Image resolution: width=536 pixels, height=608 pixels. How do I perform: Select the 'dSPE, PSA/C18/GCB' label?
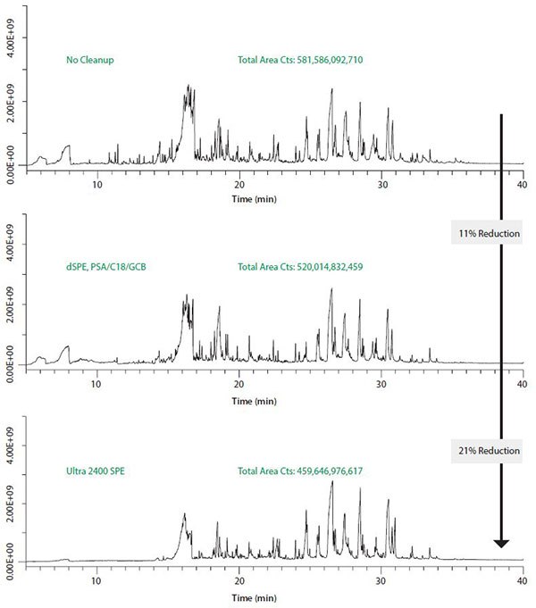pos(105,266)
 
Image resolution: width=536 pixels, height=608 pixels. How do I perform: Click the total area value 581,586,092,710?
pos(300,61)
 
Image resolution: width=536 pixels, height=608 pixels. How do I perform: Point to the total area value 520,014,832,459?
pos(300,266)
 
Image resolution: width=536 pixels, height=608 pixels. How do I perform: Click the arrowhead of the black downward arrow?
pos(501,542)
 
